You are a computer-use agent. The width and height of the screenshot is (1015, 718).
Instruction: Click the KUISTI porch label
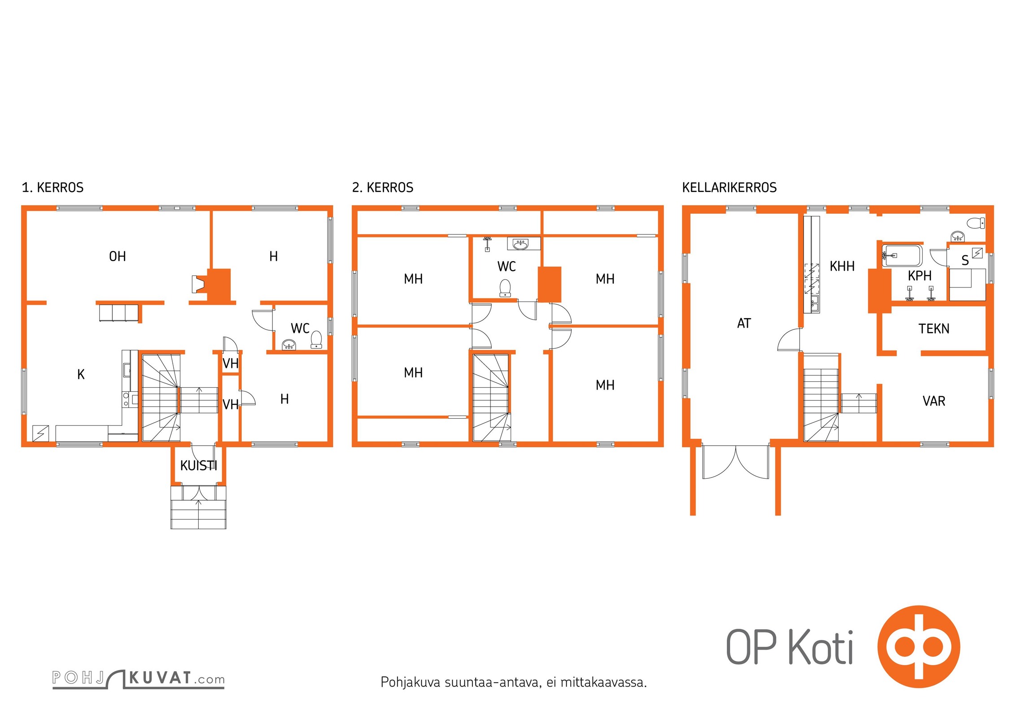point(198,466)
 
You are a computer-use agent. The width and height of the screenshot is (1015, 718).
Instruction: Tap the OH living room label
point(118,256)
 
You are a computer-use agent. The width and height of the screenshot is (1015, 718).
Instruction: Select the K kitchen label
point(81,374)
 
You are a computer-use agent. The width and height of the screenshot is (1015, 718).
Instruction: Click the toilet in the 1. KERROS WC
point(316,340)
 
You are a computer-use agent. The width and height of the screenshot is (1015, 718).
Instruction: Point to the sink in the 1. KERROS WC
point(289,345)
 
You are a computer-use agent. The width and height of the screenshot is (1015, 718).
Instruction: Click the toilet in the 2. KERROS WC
point(505,288)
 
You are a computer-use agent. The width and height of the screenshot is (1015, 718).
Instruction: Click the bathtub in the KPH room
point(902,256)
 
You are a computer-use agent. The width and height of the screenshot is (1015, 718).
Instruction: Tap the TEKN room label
point(934,329)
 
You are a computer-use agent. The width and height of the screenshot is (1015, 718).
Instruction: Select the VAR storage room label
point(934,401)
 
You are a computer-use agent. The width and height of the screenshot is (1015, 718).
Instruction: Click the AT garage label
point(744,323)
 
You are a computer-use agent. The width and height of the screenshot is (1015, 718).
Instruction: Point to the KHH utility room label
point(842,266)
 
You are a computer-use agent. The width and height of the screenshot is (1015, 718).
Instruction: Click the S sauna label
point(965,260)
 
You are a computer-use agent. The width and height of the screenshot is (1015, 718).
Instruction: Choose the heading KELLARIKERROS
point(729,187)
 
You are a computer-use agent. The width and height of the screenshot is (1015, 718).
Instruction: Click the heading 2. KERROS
point(383,187)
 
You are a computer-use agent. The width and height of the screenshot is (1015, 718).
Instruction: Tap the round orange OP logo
point(919,647)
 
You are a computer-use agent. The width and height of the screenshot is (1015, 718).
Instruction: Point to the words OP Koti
point(790,647)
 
